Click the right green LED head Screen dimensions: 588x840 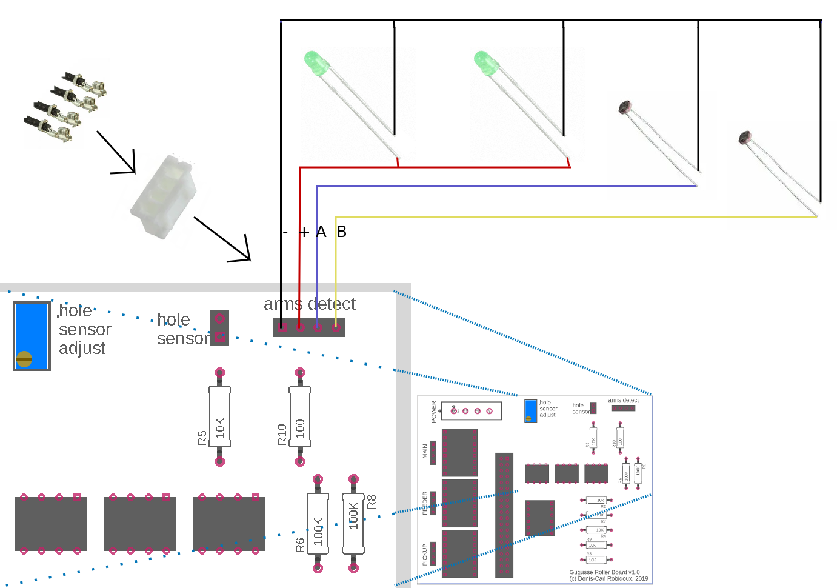pyautogui.click(x=485, y=63)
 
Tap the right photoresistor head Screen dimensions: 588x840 pyautogui.click(x=745, y=138)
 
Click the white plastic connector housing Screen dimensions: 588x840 pyautogui.click(x=164, y=196)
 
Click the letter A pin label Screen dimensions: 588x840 pyautogui.click(x=321, y=232)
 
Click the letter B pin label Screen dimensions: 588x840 pyautogui.click(x=342, y=232)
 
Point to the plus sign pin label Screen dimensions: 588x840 pyautogui.click(x=304, y=232)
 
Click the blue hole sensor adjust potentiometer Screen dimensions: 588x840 pyautogui.click(x=32, y=335)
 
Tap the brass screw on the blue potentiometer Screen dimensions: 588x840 pyautogui.click(x=24, y=359)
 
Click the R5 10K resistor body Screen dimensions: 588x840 pyautogui.click(x=220, y=417)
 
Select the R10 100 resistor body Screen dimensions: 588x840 pyautogui.click(x=300, y=417)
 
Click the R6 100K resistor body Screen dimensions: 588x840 pyautogui.click(x=318, y=524)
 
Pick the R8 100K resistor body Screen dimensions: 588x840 pyautogui.click(x=353, y=524)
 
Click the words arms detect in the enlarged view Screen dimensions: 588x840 pyautogui.click(x=310, y=304)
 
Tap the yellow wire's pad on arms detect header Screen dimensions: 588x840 pyautogui.click(x=336, y=328)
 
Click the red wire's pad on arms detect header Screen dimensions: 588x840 pyautogui.click(x=301, y=328)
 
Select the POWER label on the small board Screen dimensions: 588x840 pyautogui.click(x=433, y=412)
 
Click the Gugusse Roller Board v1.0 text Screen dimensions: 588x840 pyautogui.click(x=604, y=572)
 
